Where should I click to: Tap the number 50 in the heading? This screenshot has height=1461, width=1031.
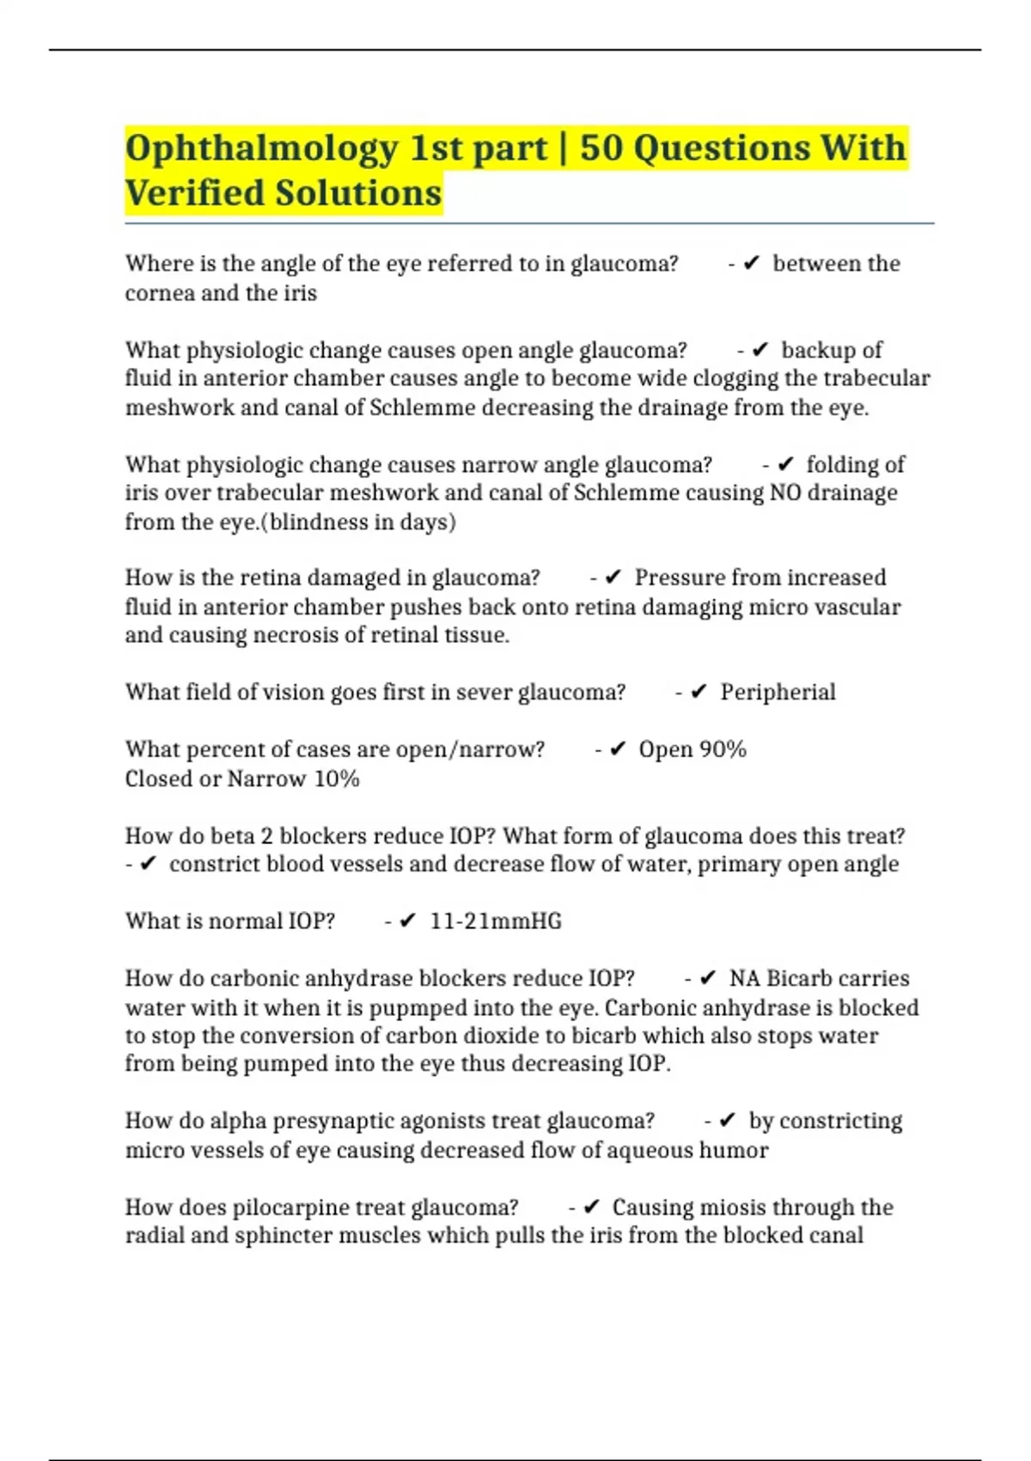click(x=601, y=148)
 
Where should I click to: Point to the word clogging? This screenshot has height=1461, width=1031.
click(x=755, y=378)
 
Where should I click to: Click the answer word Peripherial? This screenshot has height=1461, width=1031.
click(x=778, y=692)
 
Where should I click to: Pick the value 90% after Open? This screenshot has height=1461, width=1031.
click(x=723, y=749)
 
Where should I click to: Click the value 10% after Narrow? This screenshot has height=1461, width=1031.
click(x=337, y=779)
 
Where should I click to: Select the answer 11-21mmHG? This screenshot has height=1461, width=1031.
click(x=496, y=921)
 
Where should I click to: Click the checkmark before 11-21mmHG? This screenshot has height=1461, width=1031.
click(x=408, y=921)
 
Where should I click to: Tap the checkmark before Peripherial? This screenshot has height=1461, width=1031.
click(x=699, y=692)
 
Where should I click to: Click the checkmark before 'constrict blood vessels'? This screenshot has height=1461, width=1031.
click(x=148, y=865)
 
